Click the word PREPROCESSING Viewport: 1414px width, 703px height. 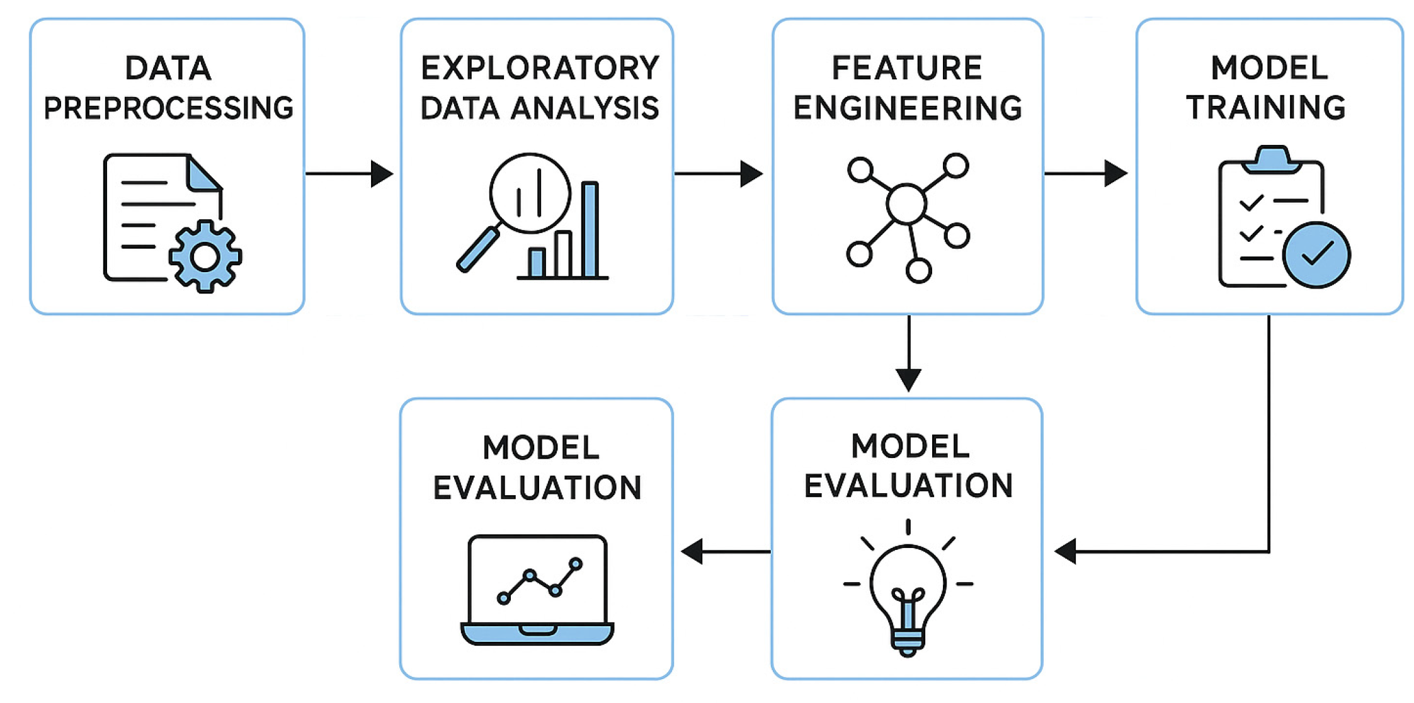point(168,108)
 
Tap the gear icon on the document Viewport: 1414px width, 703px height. point(205,256)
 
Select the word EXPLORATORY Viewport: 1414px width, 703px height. point(540,68)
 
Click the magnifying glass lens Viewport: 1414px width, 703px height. point(530,193)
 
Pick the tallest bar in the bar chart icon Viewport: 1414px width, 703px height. point(590,229)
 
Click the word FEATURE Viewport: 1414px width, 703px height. point(907,68)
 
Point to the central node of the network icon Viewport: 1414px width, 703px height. point(906,203)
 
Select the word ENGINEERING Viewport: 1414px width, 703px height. point(907,108)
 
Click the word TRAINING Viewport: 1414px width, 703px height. point(1267,108)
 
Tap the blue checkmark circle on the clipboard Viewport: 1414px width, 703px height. point(1316,254)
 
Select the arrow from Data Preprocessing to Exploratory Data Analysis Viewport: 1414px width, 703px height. point(350,173)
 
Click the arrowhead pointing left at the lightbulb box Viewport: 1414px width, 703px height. point(1066,551)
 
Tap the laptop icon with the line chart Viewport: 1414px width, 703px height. point(537,589)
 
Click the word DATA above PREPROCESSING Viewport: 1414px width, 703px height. point(168,68)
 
